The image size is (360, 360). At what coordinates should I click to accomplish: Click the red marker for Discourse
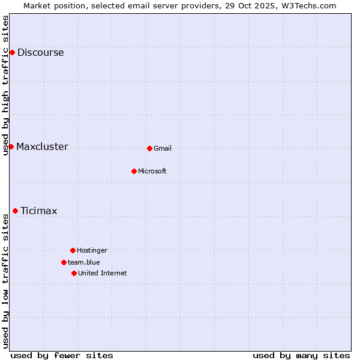tap(12, 52)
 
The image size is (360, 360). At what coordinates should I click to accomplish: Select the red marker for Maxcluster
tap(11, 146)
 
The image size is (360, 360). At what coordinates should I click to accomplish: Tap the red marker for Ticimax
tap(15, 211)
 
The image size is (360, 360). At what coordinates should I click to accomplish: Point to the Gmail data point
tap(149, 148)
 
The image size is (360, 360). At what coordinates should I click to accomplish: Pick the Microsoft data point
tap(134, 171)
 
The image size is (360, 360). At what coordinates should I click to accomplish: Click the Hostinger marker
tap(73, 250)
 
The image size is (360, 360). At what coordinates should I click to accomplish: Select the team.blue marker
tap(64, 262)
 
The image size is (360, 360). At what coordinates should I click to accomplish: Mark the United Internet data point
tap(74, 273)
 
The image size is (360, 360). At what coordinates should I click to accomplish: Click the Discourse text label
tap(40, 52)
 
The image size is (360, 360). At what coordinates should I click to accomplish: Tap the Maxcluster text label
tap(42, 146)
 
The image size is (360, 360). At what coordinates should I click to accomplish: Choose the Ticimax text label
tap(38, 211)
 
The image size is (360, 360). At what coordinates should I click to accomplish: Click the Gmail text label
tap(163, 148)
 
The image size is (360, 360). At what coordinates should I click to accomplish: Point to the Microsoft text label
tap(152, 171)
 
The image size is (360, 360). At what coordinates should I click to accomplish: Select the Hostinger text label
tap(92, 250)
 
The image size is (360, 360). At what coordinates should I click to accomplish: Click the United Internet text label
tap(103, 273)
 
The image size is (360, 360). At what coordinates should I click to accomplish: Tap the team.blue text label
tap(84, 262)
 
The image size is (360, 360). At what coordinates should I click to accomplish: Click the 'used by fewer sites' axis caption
tap(62, 355)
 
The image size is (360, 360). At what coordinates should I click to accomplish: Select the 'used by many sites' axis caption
tap(301, 355)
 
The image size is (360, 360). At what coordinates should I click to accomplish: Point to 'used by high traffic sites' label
tap(5, 85)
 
